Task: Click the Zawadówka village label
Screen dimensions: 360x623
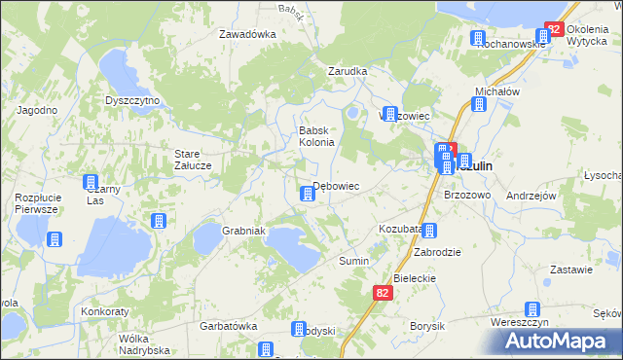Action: [247, 34]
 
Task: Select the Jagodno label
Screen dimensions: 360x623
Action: [36, 110]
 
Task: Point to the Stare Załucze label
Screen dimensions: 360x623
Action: [193, 159]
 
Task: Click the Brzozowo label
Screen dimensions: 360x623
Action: [466, 195]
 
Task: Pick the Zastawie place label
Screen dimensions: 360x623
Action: [571, 270]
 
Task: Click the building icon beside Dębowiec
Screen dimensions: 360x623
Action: [307, 195]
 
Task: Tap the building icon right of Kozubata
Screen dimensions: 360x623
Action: [429, 231]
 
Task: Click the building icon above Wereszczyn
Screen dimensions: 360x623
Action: [532, 308]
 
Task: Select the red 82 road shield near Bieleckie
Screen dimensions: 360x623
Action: [383, 292]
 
